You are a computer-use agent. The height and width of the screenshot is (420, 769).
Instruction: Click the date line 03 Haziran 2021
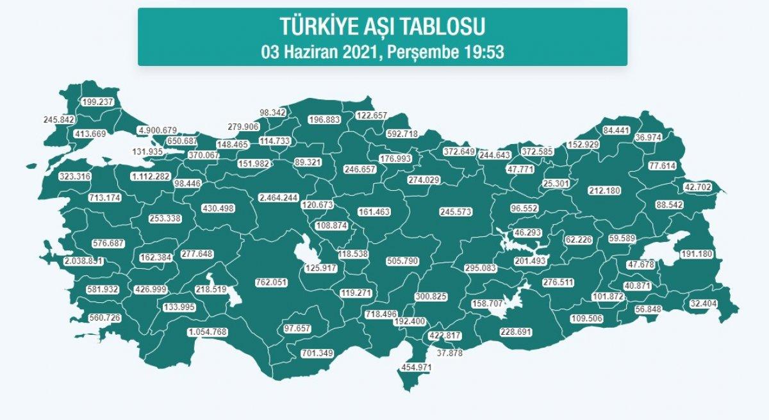383,52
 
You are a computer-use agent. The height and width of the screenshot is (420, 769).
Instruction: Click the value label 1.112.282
151,176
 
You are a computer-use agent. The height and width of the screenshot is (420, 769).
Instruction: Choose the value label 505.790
402,261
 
